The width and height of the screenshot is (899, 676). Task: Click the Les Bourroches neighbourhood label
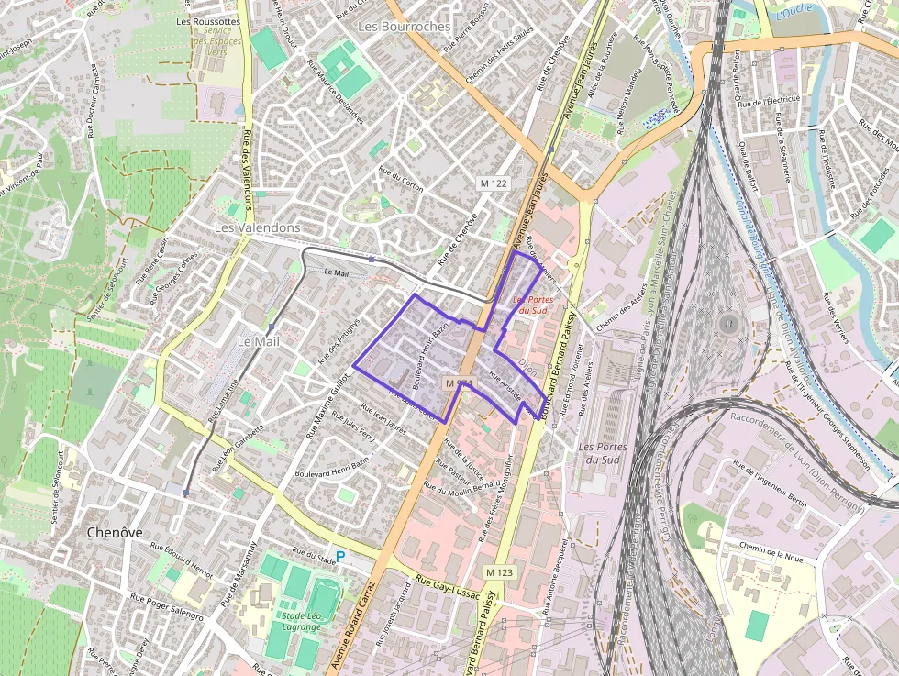(x=405, y=27)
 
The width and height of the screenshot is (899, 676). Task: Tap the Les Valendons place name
(x=257, y=227)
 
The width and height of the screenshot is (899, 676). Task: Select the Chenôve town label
(x=114, y=532)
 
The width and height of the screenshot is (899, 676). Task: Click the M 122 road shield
(x=494, y=183)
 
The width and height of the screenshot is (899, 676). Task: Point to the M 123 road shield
(x=500, y=572)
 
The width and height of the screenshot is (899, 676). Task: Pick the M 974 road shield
(x=458, y=382)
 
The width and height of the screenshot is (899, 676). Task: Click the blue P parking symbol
(x=340, y=556)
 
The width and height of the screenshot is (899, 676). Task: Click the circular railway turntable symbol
(x=729, y=324)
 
